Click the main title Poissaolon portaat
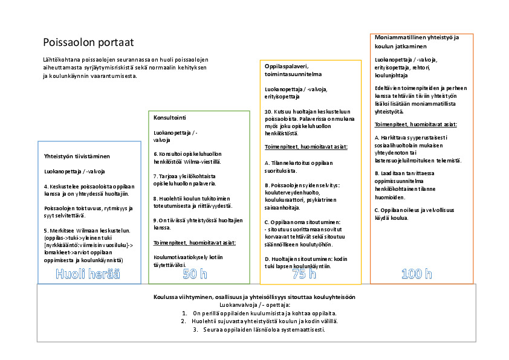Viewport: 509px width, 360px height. point(88,42)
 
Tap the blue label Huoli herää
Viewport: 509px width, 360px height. point(88,274)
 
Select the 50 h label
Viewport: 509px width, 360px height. point(196,274)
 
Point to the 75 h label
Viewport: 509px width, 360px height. point(304,274)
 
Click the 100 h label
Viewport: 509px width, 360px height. point(417,274)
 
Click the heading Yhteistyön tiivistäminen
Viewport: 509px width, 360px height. point(76,156)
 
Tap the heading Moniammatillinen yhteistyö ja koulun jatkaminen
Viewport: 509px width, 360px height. point(417,41)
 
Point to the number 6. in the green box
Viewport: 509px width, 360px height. point(155,153)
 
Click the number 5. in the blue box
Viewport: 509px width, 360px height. point(46,230)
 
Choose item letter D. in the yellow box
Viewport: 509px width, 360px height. point(267,258)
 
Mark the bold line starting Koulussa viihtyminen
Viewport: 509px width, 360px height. point(254,297)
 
